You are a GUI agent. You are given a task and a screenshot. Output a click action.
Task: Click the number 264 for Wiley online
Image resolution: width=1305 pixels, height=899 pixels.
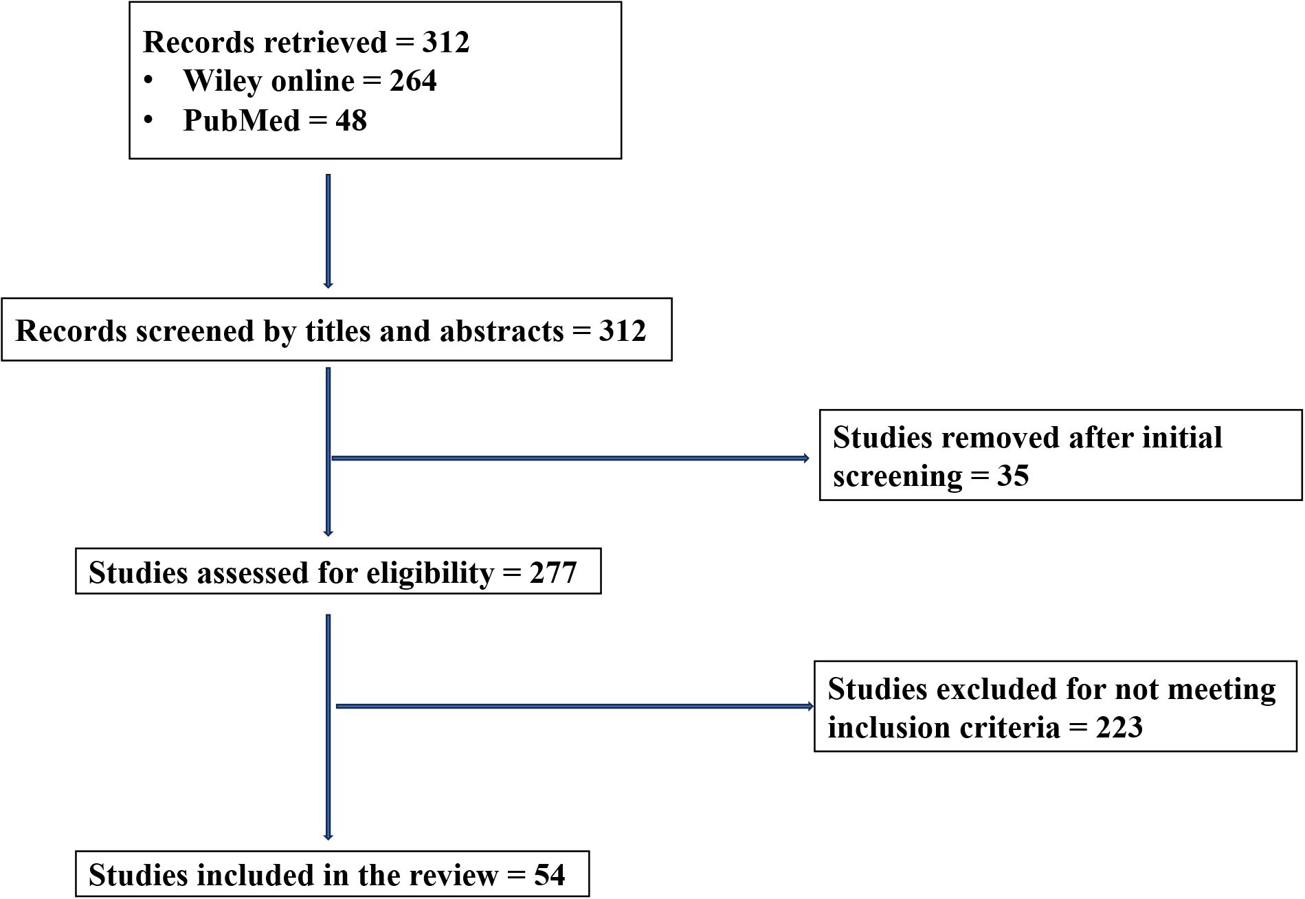(x=413, y=81)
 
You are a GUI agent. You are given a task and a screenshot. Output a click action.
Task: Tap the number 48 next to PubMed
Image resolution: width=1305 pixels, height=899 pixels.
(x=350, y=121)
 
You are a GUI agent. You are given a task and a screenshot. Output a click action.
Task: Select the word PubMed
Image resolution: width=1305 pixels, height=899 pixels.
(x=242, y=121)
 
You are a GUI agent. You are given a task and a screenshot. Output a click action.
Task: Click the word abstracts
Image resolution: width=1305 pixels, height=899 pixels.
(x=501, y=331)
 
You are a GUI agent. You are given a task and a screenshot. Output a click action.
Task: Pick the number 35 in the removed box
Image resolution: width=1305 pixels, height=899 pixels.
(x=1012, y=476)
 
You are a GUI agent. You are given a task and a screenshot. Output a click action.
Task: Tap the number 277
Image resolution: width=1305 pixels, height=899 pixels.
(x=553, y=573)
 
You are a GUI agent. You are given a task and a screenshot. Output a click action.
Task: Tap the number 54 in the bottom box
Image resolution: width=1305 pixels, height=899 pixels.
(x=549, y=875)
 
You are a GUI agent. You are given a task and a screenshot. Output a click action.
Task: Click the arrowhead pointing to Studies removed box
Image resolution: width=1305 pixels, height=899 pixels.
(x=807, y=458)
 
